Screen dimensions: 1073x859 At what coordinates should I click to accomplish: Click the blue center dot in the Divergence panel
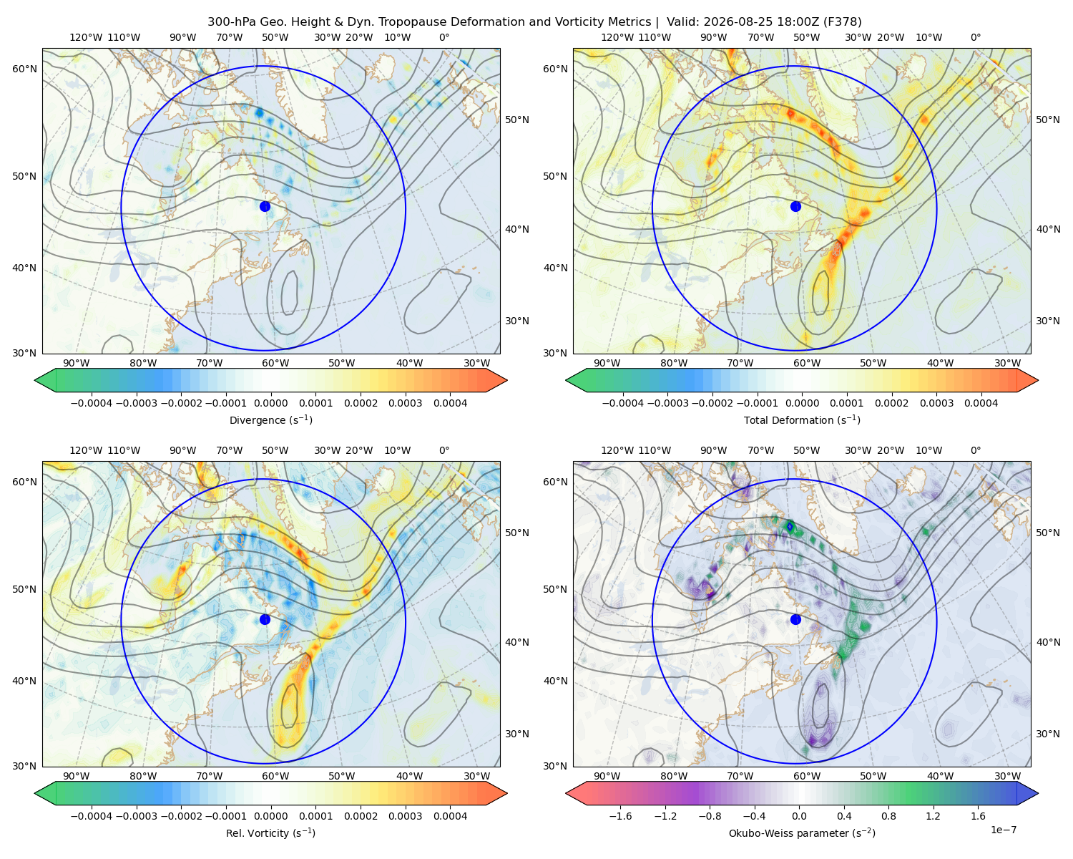[265, 206]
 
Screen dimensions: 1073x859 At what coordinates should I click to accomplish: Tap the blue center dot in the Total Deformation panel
[795, 206]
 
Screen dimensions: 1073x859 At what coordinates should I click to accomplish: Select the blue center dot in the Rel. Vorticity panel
[265, 619]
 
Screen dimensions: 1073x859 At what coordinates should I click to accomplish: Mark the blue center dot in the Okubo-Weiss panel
[795, 619]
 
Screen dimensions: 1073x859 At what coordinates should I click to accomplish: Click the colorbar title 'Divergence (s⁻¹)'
[270, 419]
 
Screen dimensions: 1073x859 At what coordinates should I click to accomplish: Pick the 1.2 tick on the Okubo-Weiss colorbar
[933, 816]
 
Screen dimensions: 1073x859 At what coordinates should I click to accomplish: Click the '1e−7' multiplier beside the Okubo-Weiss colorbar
[1003, 830]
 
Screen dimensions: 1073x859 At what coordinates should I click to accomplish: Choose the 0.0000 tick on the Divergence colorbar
[270, 403]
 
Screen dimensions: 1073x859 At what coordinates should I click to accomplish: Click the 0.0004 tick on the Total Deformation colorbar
[981, 403]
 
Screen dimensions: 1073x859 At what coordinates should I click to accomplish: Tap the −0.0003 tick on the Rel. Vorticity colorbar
[136, 816]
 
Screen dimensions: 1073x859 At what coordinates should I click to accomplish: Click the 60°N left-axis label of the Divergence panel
[24, 69]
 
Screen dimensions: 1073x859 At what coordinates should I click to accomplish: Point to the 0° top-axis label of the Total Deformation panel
[975, 37]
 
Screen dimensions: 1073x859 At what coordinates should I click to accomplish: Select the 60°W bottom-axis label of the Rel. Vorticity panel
[275, 776]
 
